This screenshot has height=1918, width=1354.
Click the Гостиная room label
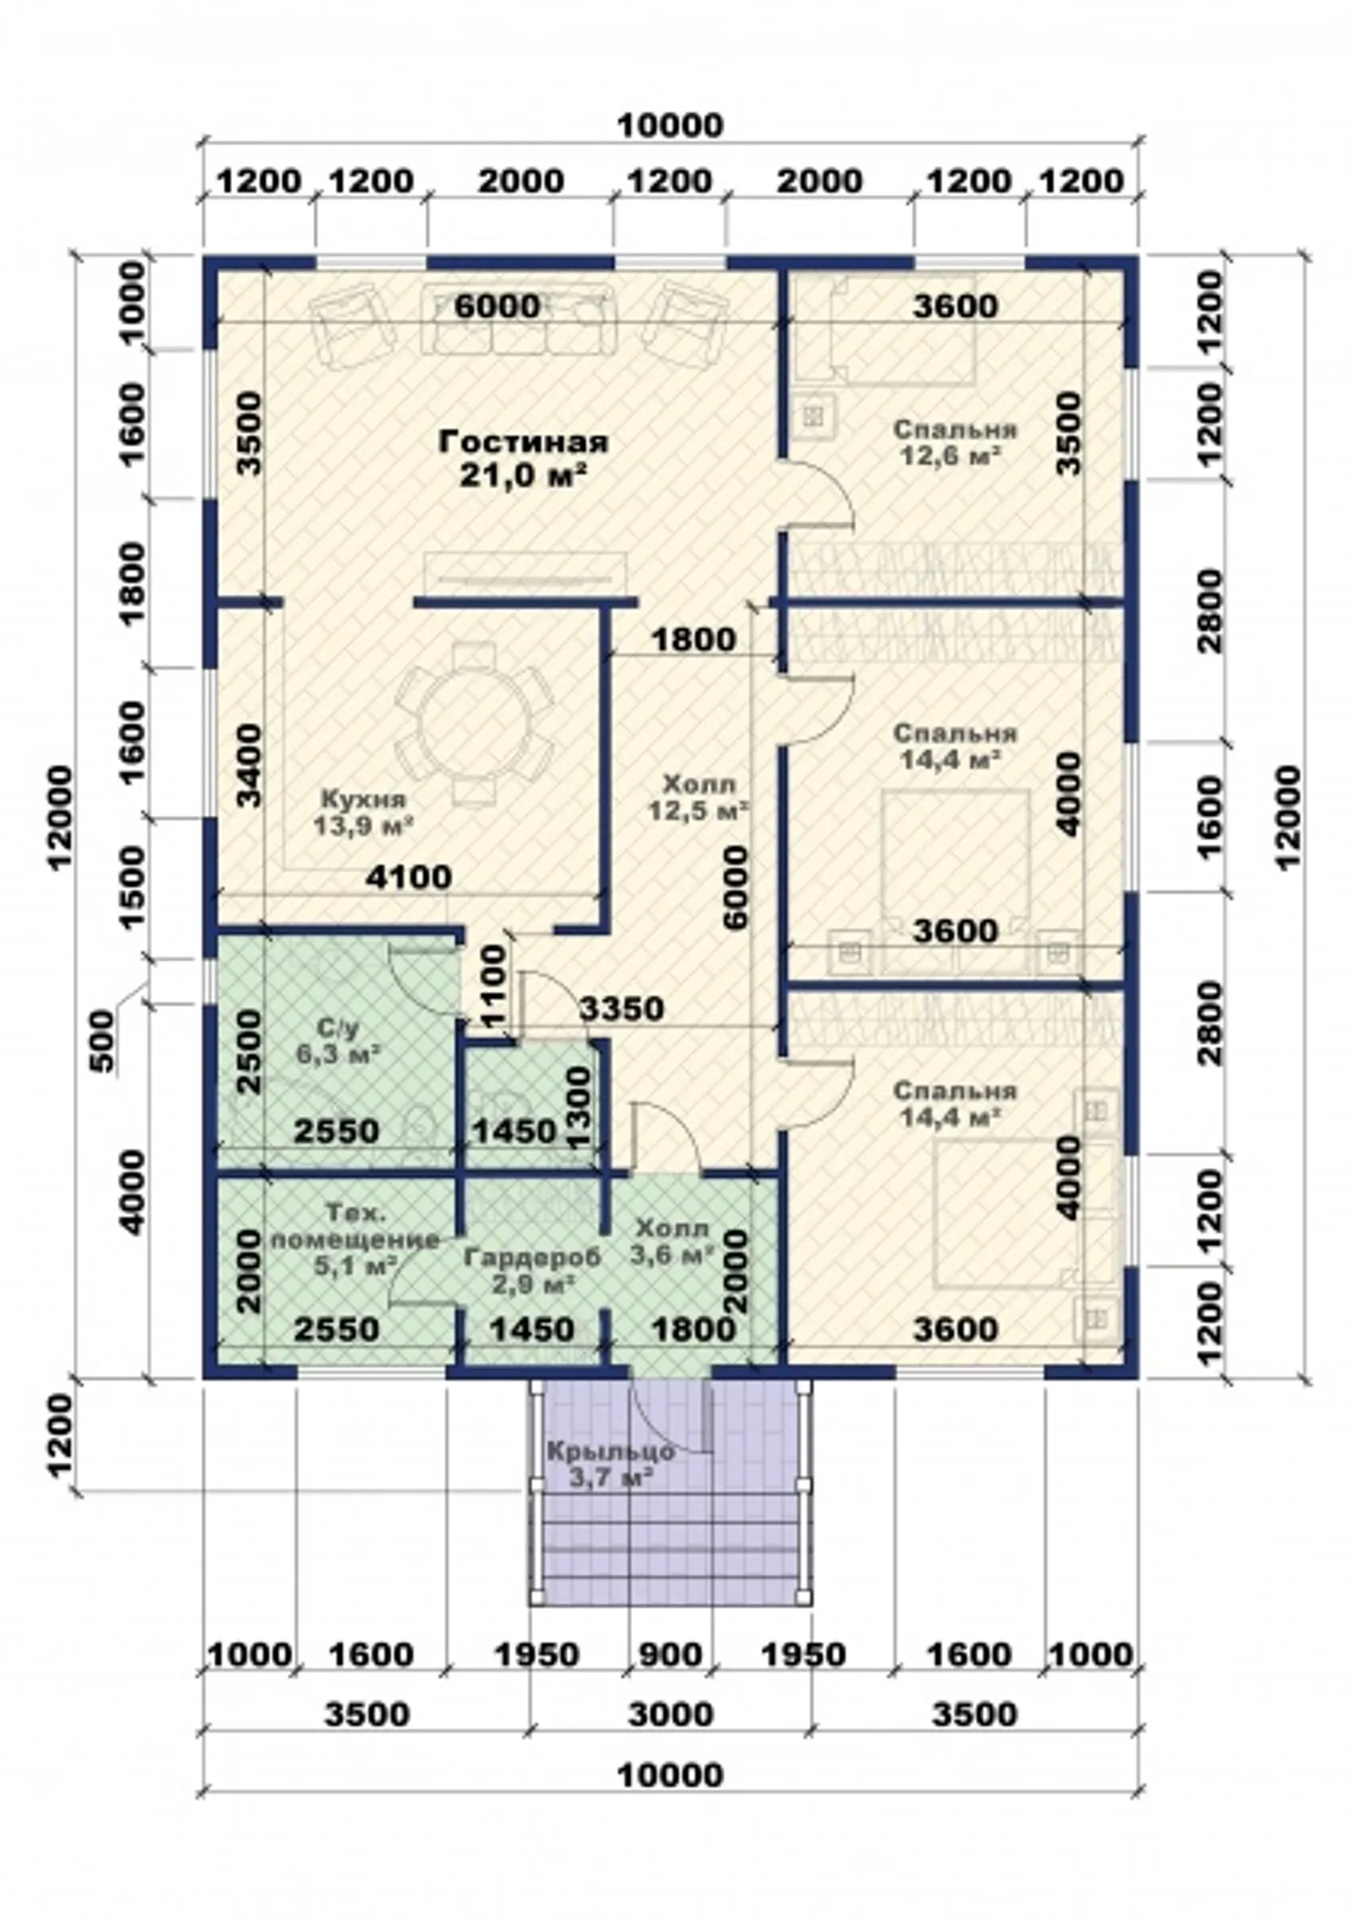[x=523, y=442]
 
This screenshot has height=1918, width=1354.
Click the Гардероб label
[x=532, y=1258]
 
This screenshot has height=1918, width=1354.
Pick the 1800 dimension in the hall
[x=693, y=640]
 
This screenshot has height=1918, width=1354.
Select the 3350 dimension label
[x=622, y=1009]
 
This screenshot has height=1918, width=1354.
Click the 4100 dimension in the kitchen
[x=409, y=877]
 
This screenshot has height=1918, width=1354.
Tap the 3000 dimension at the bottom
[x=671, y=1715]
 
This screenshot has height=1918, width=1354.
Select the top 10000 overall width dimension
[x=671, y=126]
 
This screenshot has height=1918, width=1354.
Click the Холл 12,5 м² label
[x=699, y=797]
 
